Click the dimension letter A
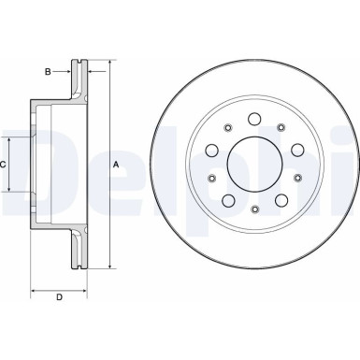116,165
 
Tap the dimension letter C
5,165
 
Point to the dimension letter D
59,297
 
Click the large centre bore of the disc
252,165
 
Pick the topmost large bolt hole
253,121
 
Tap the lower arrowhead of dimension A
109,265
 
